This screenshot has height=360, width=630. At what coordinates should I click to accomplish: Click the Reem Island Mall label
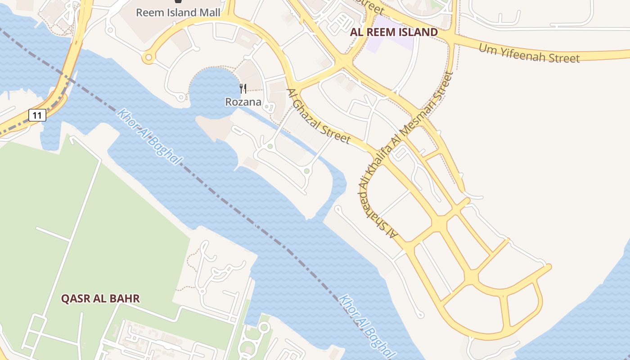coord(178,12)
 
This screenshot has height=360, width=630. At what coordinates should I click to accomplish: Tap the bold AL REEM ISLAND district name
coord(394,32)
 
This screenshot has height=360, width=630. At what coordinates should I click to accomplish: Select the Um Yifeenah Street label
coord(529,53)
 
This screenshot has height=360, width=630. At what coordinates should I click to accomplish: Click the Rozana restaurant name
coord(243,102)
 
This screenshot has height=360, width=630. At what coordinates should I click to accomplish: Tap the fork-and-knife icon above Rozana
coord(243,88)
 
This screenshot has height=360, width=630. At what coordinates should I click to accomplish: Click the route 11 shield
coord(37,116)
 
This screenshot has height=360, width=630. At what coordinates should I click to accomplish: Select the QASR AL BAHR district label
coord(100,298)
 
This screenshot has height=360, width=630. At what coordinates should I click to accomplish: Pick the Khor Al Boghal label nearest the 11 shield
coord(149,136)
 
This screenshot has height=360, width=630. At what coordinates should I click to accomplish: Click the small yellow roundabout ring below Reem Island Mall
coord(148,58)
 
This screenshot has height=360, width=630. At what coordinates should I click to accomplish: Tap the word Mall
coord(210,12)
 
